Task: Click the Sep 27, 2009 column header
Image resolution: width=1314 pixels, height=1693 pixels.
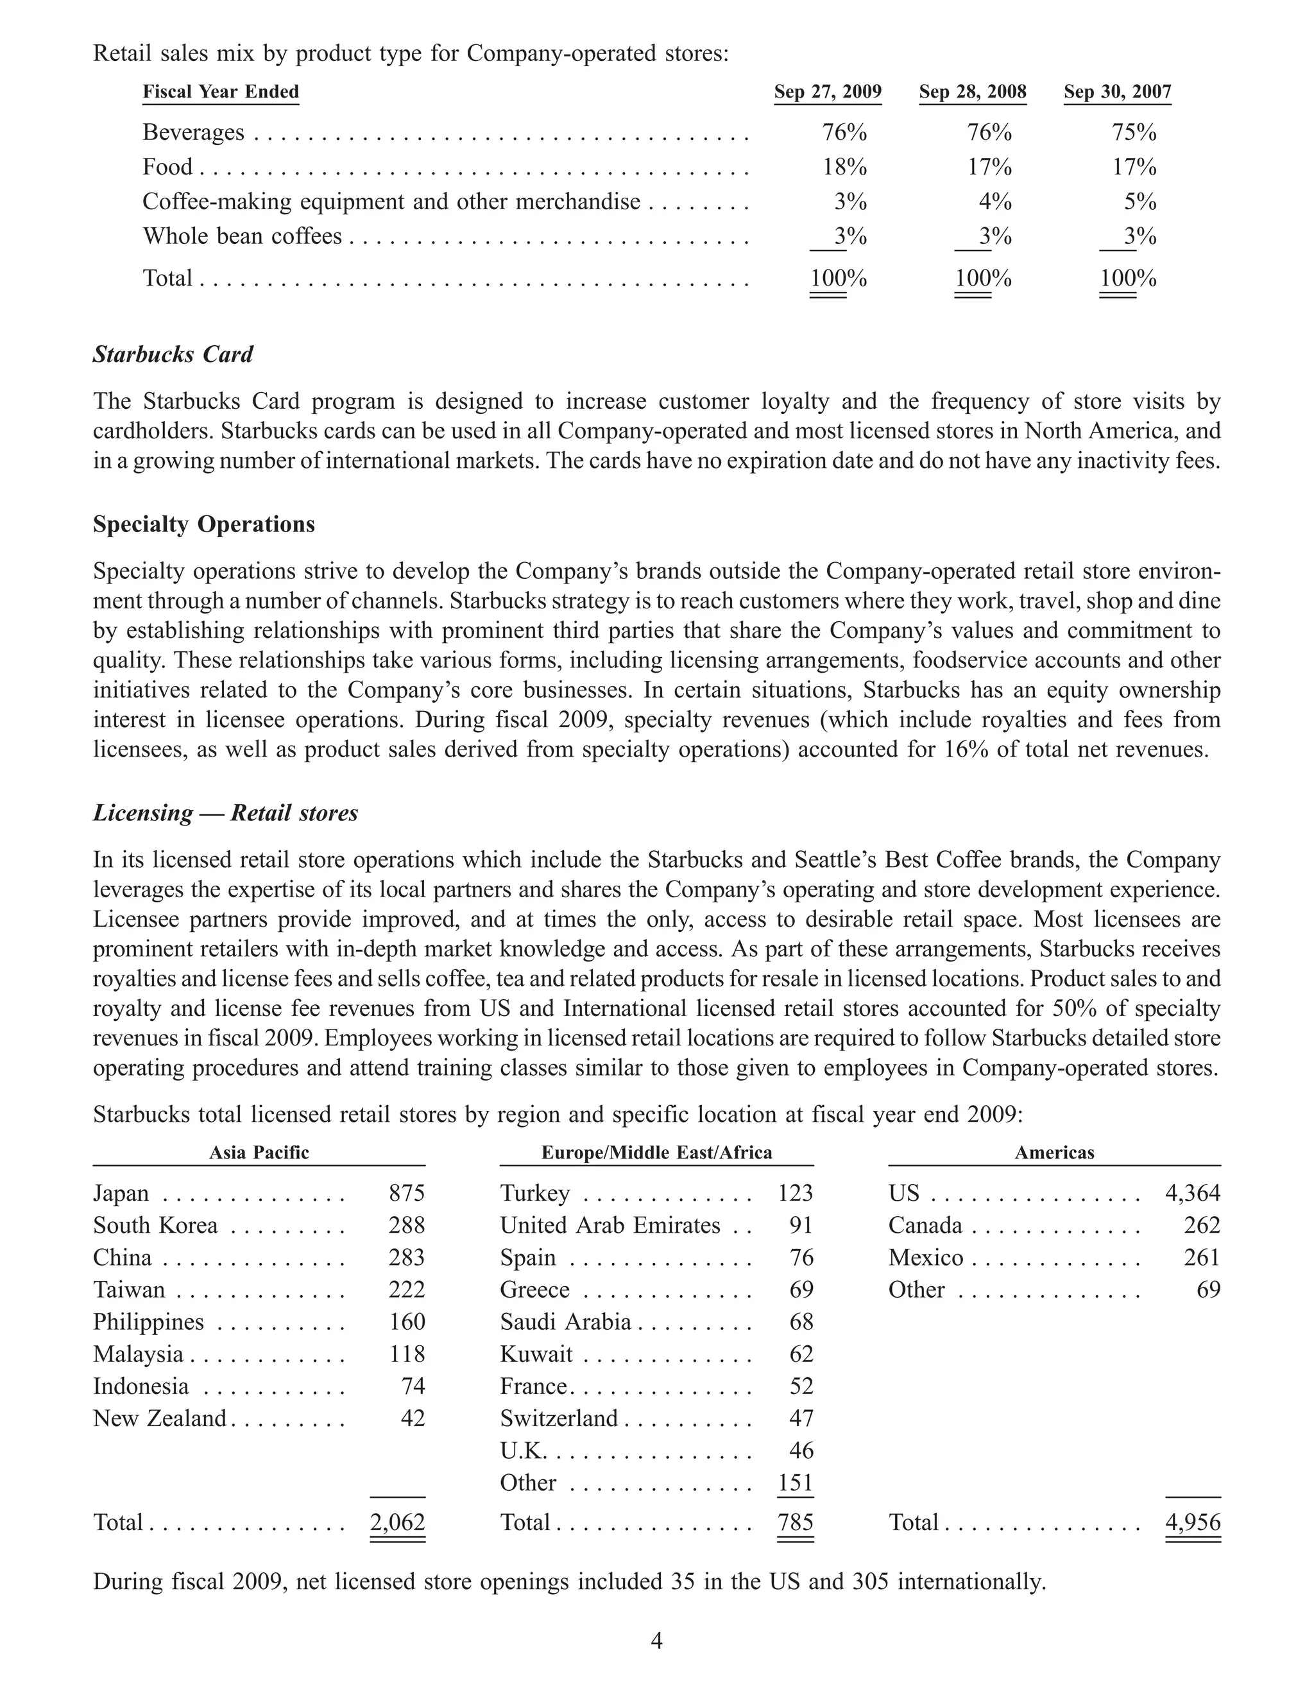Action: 828,92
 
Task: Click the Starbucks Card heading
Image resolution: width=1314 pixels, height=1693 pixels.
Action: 173,354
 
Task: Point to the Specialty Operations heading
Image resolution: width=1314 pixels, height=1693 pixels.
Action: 204,524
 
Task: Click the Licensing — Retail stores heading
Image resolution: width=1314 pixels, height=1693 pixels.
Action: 225,812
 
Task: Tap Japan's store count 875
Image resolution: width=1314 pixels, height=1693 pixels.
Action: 407,1193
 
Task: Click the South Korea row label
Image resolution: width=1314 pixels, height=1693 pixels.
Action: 156,1226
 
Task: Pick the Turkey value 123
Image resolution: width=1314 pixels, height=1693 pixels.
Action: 795,1193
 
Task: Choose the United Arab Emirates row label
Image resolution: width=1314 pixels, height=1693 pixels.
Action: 611,1226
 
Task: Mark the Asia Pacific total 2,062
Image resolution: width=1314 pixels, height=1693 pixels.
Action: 397,1522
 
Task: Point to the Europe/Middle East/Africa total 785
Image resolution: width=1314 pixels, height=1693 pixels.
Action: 795,1522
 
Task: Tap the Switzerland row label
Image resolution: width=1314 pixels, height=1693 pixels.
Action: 559,1418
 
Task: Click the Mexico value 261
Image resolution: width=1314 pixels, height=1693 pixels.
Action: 1202,1257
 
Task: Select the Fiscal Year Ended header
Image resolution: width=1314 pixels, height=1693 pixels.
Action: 221,92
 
